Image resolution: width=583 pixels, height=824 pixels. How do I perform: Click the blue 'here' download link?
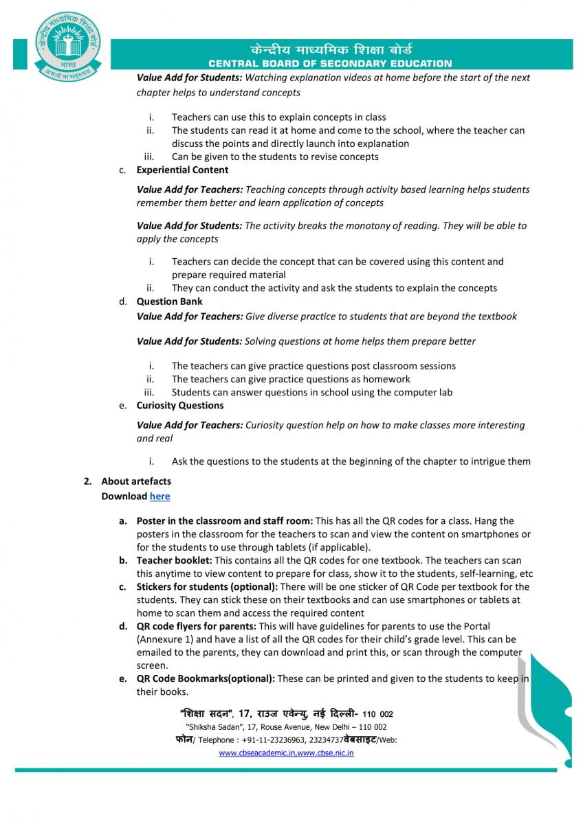[x=159, y=496]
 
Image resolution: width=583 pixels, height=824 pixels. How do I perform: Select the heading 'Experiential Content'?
[x=182, y=170]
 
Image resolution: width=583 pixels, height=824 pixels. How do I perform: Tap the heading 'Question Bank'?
[x=169, y=301]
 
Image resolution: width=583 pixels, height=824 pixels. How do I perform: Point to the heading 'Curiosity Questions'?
[x=179, y=405]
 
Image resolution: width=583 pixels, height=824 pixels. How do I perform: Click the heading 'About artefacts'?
[x=136, y=481]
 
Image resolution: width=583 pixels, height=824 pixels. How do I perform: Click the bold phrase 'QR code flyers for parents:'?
[x=196, y=626]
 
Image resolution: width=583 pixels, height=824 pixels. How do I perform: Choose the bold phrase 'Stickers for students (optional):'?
[x=207, y=586]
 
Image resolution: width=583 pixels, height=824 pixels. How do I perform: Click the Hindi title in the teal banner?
[x=331, y=49]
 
